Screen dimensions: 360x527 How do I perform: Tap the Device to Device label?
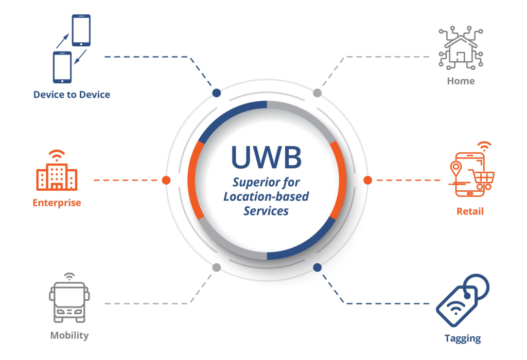tap(72, 95)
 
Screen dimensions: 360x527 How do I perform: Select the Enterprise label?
tap(57, 203)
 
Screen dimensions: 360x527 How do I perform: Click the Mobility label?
tap(69, 335)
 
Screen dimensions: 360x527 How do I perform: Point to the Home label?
tap(461, 81)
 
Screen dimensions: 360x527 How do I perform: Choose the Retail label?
tap(470, 211)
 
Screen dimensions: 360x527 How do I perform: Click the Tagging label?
tap(463, 338)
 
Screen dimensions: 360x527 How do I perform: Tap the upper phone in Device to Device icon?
tap(81, 30)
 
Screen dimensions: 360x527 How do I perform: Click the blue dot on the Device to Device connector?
tap(217, 93)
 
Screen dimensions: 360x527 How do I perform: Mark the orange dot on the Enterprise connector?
tap(166, 181)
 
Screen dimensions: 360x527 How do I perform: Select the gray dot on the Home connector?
tap(318, 93)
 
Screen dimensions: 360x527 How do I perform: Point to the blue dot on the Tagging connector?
tap(317, 267)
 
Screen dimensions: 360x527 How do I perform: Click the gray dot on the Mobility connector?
tap(217, 267)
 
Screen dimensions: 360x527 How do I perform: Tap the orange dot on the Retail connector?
tap(367, 181)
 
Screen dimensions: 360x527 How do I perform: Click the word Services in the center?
tap(266, 211)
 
